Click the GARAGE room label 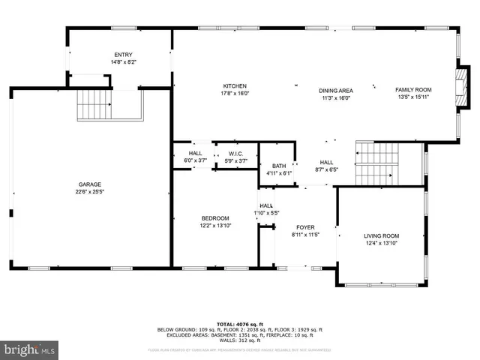point(90,184)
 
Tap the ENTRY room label point(123,55)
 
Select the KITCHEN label point(234,86)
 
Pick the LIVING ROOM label point(382,235)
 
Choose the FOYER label point(305,227)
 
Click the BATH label point(279,166)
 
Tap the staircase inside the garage point(94,104)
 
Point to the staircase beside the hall point(378,161)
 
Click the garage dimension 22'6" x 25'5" point(90,191)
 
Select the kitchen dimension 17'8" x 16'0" point(234,94)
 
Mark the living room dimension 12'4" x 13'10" point(382,242)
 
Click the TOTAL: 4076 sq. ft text point(240,323)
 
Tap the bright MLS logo point(30,349)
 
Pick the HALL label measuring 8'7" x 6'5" point(327,162)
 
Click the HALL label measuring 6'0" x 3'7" point(195,153)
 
